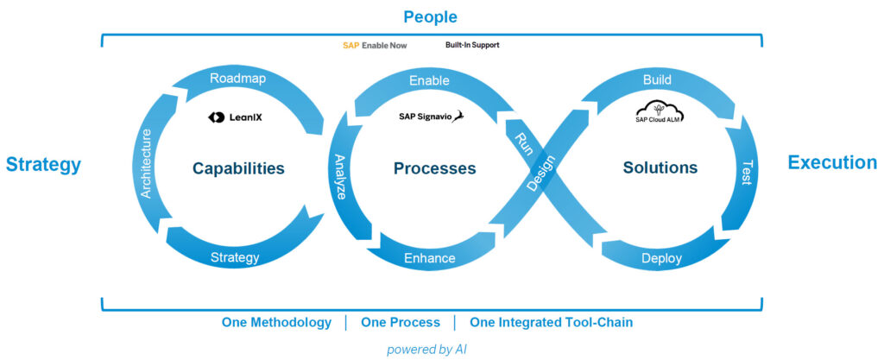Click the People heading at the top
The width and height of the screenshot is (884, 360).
point(430,17)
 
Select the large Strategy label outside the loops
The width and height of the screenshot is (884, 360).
point(43,164)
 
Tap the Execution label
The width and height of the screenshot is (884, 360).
point(832,163)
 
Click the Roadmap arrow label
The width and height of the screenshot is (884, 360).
point(237,79)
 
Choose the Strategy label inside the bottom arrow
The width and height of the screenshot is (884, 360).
point(235,257)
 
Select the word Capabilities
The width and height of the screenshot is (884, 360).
point(238,168)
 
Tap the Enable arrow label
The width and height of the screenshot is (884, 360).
point(429,80)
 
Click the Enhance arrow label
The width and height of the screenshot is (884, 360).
point(429,258)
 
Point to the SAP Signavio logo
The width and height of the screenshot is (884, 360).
point(431,117)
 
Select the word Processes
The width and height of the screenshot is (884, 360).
point(434,168)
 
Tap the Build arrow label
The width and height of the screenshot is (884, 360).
point(657,79)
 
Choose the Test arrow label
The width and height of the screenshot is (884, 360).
point(746,173)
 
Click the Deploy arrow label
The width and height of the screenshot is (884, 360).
point(661,258)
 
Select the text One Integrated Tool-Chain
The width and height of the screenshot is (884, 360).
point(551,322)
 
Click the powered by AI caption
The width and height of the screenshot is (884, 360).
point(427,349)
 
